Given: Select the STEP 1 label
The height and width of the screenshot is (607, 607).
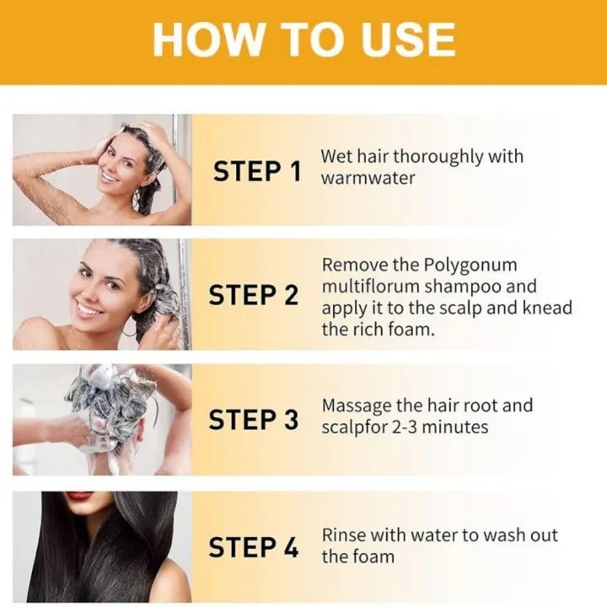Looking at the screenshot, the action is [256, 171].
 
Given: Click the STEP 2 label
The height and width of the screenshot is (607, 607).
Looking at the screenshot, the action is [254, 295].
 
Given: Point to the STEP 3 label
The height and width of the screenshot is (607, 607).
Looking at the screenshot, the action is [254, 420].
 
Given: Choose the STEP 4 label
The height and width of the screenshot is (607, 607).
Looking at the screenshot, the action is [254, 547].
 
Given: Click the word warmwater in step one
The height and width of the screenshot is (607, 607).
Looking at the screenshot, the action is [368, 178].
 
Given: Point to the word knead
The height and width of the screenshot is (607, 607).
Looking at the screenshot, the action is [547, 309].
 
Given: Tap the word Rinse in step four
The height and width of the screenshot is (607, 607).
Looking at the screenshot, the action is [344, 535].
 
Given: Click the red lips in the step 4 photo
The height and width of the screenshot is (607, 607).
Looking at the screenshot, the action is [78, 495].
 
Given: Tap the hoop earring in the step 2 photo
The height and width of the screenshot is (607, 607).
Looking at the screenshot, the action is [131, 329].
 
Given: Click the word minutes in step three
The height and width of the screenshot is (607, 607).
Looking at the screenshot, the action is [455, 427].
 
